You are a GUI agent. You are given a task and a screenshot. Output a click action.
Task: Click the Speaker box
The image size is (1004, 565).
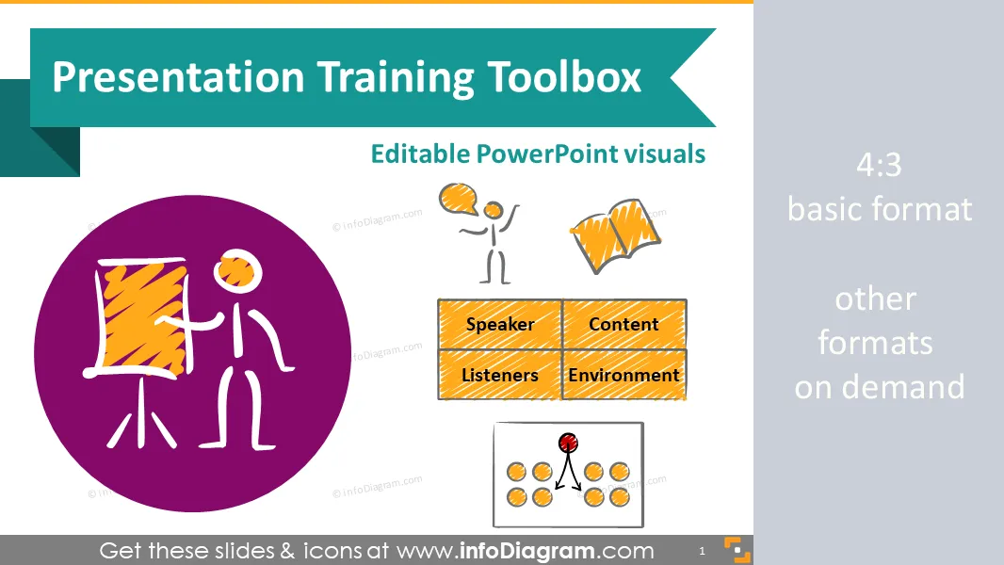500,324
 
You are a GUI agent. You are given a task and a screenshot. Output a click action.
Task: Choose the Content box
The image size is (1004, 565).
624,324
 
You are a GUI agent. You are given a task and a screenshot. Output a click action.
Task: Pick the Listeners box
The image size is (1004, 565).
500,375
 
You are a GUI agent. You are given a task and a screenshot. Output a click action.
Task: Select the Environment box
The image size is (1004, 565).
624,375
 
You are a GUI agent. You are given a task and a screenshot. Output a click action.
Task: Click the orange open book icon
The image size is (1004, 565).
615,235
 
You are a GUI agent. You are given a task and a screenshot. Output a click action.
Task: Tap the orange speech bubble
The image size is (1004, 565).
459,199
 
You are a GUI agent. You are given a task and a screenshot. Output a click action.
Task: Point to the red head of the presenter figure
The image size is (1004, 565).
568,443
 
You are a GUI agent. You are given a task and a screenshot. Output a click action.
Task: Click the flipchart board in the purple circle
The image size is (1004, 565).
142,316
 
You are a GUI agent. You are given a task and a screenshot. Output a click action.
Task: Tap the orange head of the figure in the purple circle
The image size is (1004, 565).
237,270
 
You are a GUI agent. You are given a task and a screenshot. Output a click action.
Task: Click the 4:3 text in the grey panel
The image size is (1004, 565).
879,165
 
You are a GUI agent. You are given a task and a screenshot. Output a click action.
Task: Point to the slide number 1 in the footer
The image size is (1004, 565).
702,551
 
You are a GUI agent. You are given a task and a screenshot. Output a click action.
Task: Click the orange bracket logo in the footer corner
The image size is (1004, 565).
737,550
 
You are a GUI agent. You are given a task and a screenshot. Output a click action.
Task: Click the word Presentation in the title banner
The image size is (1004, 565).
178,78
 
